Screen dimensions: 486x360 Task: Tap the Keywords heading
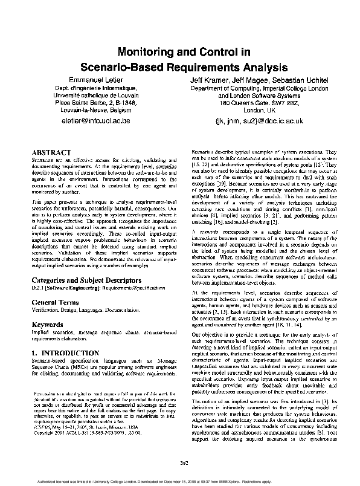point(48,325)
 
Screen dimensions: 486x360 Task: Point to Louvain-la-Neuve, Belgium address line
point(100,111)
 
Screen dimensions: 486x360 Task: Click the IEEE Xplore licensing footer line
point(179,481)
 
